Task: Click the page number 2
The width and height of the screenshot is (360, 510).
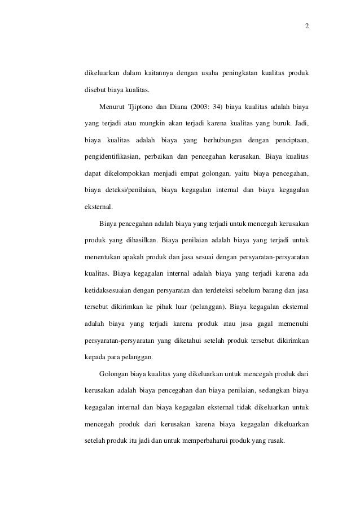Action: coord(307,27)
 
